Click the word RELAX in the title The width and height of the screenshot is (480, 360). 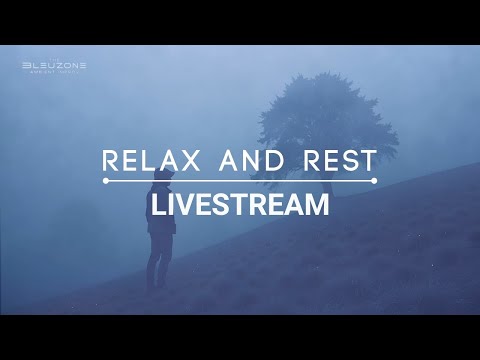click(x=154, y=161)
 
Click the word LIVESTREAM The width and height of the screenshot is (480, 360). click(x=239, y=205)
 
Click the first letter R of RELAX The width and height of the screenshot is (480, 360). click(x=111, y=161)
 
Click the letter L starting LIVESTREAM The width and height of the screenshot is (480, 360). click(x=156, y=205)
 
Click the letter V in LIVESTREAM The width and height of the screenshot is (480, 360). click(x=185, y=205)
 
